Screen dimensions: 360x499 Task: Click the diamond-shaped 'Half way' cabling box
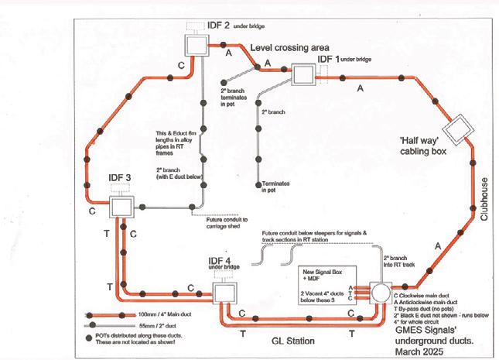457,126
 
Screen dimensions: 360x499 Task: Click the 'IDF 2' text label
219,26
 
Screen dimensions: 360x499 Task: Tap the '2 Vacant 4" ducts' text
323,298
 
